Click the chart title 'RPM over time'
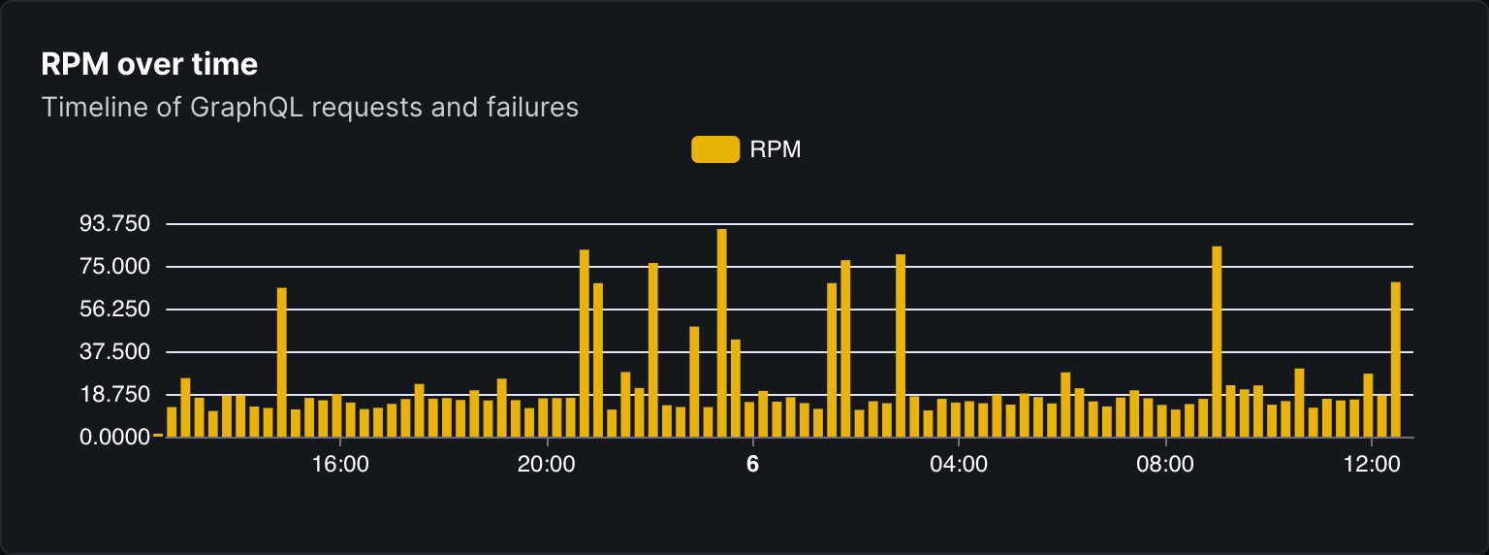coord(149,65)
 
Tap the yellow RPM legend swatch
coord(715,149)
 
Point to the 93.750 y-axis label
coord(114,224)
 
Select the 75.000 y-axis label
coord(114,267)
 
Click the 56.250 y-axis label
coord(114,310)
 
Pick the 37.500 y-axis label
coord(114,352)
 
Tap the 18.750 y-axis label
coord(114,395)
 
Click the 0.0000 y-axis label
coord(114,438)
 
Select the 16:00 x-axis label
coord(341,465)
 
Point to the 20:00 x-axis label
coord(547,465)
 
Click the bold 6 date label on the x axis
coord(752,465)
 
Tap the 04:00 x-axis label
coord(959,465)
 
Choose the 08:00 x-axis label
coord(1164,465)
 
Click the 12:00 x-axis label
coord(1371,465)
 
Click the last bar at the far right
coord(1396,359)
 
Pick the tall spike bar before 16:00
coord(282,361)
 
